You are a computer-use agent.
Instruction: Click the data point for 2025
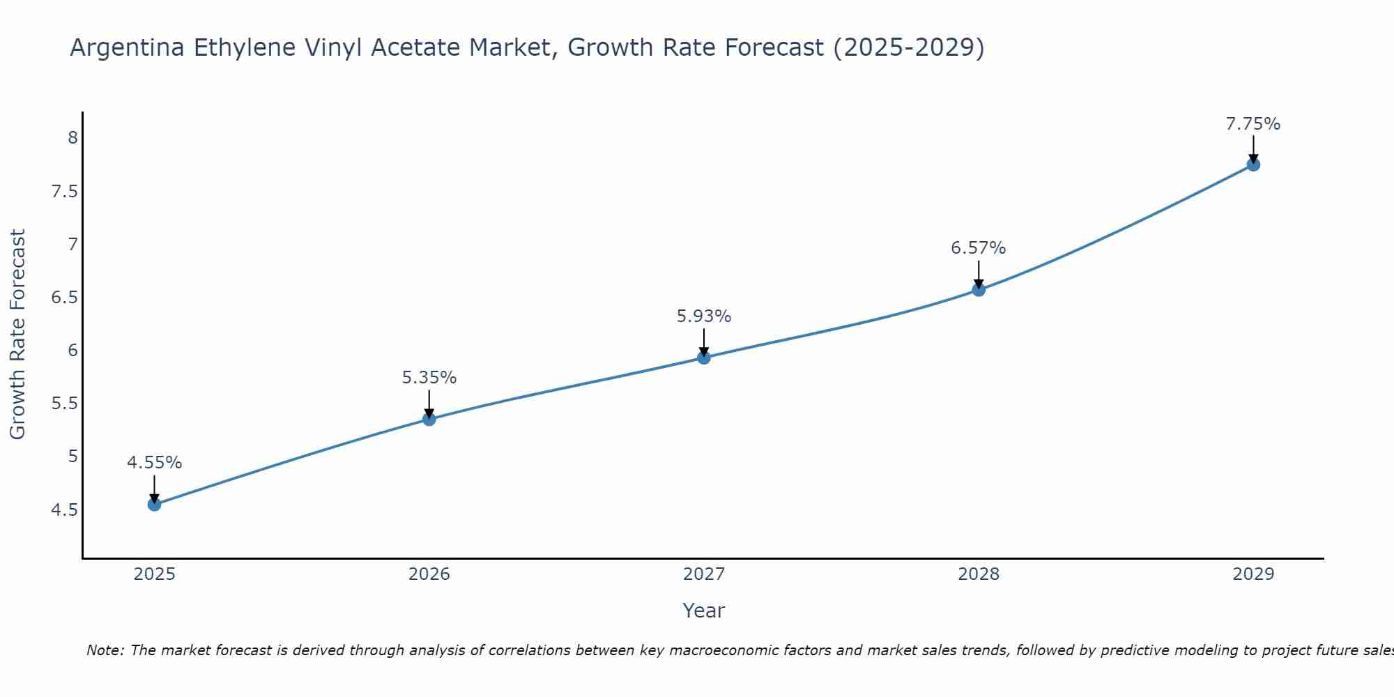click(x=155, y=504)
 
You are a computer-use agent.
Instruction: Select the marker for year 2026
click(x=429, y=419)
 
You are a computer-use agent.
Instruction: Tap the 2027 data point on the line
click(x=704, y=358)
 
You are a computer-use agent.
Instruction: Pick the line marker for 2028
click(x=979, y=289)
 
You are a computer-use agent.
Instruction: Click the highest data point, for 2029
click(x=1253, y=164)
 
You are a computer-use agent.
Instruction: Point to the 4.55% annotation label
click(x=155, y=463)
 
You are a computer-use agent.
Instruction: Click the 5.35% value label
click(x=429, y=378)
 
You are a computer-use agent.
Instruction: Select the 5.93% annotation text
click(x=704, y=316)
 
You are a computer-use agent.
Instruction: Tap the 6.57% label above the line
click(x=979, y=248)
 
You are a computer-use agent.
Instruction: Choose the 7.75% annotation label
click(x=1253, y=124)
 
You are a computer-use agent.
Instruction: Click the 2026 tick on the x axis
click(x=429, y=574)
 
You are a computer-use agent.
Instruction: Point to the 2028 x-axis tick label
click(x=979, y=574)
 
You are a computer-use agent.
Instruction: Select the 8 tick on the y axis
click(x=72, y=137)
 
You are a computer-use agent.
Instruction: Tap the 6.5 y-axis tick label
click(x=65, y=298)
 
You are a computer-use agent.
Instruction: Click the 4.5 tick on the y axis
click(x=65, y=510)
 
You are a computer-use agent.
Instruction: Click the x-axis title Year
click(x=704, y=611)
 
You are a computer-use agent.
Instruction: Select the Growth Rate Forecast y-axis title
click(x=18, y=335)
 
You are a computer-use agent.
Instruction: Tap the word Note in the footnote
click(x=105, y=650)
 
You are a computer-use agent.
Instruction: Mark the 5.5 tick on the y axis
click(x=65, y=404)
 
